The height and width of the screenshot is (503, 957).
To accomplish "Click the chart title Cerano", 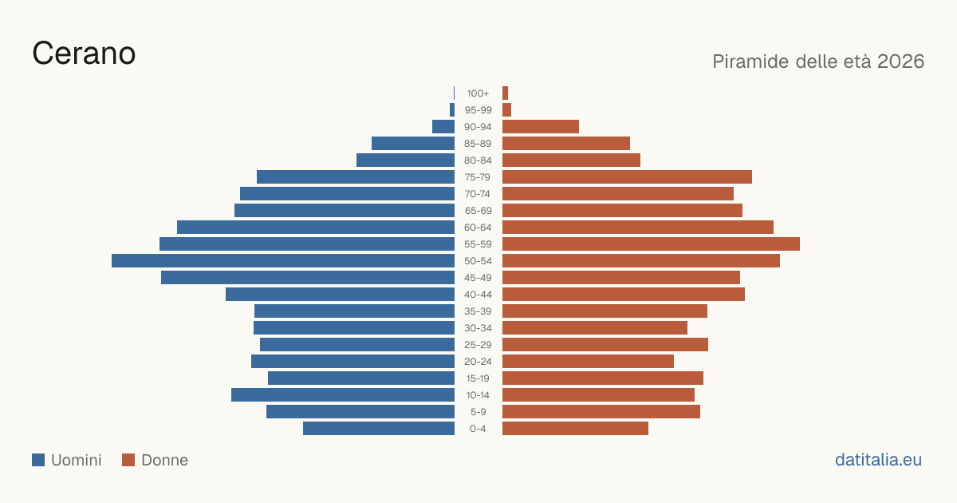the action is click(84, 53).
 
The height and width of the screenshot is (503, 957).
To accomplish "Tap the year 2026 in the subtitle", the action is click(900, 61).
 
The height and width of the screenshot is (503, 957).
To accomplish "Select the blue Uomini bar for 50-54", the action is click(283, 261).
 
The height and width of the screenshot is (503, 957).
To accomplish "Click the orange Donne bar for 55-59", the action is click(651, 244).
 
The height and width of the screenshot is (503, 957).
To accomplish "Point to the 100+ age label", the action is click(478, 93).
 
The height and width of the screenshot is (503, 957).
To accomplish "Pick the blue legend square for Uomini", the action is click(38, 460).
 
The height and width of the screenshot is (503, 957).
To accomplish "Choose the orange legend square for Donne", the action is click(128, 460).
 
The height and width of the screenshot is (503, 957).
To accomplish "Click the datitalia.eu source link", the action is click(878, 460).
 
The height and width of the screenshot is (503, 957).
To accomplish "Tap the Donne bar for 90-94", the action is click(541, 127).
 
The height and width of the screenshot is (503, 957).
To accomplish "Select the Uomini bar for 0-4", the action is click(379, 429).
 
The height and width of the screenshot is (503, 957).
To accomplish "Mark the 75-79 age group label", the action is click(478, 177).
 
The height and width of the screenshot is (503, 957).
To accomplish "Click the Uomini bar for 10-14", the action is click(343, 394).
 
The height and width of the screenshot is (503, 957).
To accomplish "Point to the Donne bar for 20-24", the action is click(588, 362).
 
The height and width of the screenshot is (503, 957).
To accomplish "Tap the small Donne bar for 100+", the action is click(505, 93).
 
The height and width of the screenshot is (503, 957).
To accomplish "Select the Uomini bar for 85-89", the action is click(413, 143).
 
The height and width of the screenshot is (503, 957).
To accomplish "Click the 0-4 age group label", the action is click(478, 429).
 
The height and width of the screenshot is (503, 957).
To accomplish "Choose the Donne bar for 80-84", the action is click(571, 160).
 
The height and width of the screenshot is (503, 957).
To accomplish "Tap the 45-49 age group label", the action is click(478, 278).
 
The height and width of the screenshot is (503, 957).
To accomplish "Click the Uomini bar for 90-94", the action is click(443, 127).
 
